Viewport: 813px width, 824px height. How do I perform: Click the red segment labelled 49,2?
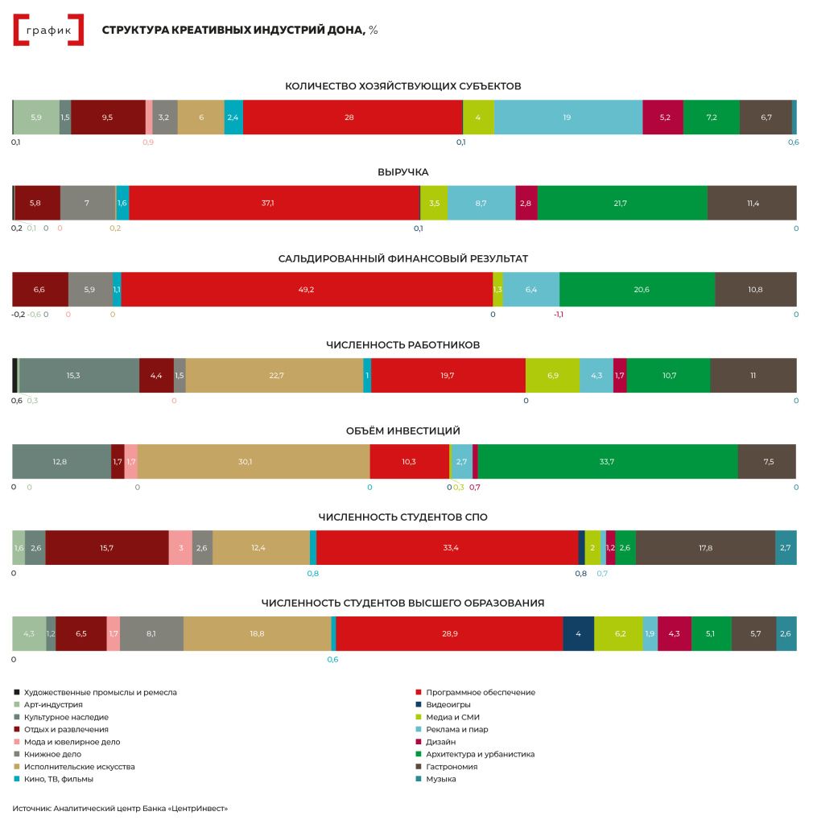tap(307, 289)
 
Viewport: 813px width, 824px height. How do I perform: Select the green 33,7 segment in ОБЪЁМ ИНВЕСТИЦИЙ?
tap(608, 461)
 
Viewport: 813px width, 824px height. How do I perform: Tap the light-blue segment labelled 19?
tap(567, 117)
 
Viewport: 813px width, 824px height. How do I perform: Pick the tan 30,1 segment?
tap(253, 461)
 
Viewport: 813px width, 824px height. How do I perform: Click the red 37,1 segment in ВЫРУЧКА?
tap(274, 203)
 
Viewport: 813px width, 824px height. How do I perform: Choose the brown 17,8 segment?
tap(705, 547)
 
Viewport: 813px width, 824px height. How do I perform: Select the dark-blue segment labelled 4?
tap(578, 633)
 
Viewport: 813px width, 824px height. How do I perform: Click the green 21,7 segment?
tap(622, 203)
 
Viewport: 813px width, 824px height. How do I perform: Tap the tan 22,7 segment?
tap(274, 375)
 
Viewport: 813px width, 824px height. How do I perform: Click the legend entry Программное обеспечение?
tap(480, 692)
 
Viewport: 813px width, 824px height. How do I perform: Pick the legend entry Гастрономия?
tap(452, 767)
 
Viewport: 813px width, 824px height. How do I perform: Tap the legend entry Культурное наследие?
tap(66, 717)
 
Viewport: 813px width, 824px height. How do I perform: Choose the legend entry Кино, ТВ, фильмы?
tap(58, 779)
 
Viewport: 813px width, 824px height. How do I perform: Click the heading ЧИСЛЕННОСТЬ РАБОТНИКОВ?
tap(402, 344)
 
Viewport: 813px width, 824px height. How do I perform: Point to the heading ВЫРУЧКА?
tap(402, 172)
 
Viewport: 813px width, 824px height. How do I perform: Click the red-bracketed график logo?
tap(48, 31)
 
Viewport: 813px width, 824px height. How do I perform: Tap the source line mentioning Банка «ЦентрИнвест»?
tap(120, 808)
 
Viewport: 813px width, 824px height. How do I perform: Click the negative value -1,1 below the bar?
tap(558, 314)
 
